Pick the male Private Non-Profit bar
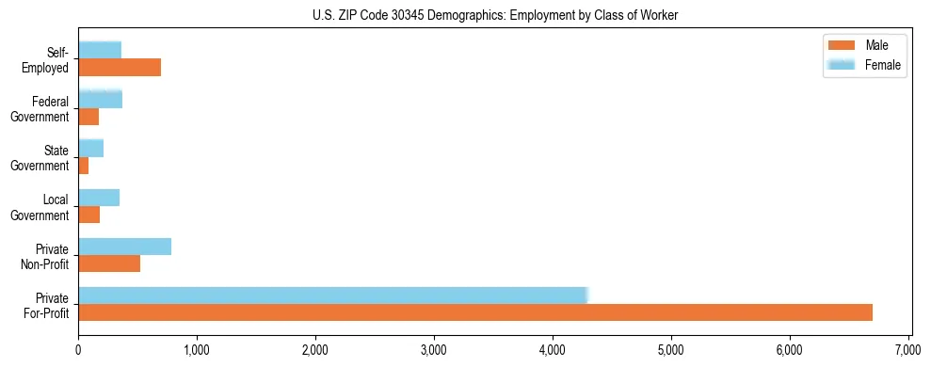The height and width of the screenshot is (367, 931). coord(109,263)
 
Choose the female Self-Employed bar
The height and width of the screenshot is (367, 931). coord(100,50)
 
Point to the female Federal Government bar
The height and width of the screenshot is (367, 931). coord(100,99)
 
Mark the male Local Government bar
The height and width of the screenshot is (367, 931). coord(88,215)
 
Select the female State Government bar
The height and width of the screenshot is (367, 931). coord(90,148)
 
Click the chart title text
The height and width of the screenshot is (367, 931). coord(495,15)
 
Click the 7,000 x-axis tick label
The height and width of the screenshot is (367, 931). coord(908,352)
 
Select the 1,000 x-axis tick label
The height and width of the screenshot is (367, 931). coord(197,352)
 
